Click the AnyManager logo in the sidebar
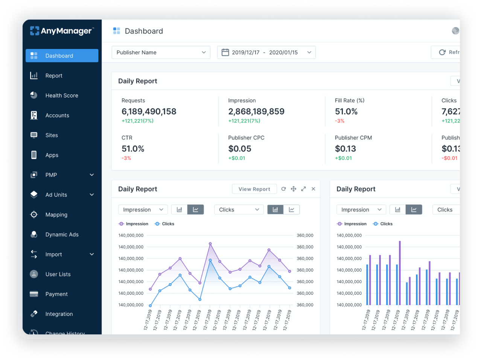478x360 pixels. (62, 31)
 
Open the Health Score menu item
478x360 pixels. (62, 96)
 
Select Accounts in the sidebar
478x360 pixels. (57, 116)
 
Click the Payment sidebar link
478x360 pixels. (56, 294)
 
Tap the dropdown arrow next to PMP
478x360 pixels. (92, 175)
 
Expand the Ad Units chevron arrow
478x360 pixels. (92, 195)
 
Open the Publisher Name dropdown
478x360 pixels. (161, 52)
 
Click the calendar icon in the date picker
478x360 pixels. (225, 52)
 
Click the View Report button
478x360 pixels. (254, 189)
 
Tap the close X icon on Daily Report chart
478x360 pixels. (313, 189)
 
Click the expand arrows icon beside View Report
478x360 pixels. (303, 189)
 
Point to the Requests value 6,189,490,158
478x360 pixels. (149, 111)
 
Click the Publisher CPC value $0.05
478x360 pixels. (239, 149)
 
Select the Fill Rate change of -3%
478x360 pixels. (339, 121)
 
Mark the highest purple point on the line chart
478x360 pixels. (210, 244)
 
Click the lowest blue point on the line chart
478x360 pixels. (150, 305)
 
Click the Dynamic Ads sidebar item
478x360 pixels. (62, 235)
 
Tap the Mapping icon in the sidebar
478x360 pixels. (34, 215)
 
